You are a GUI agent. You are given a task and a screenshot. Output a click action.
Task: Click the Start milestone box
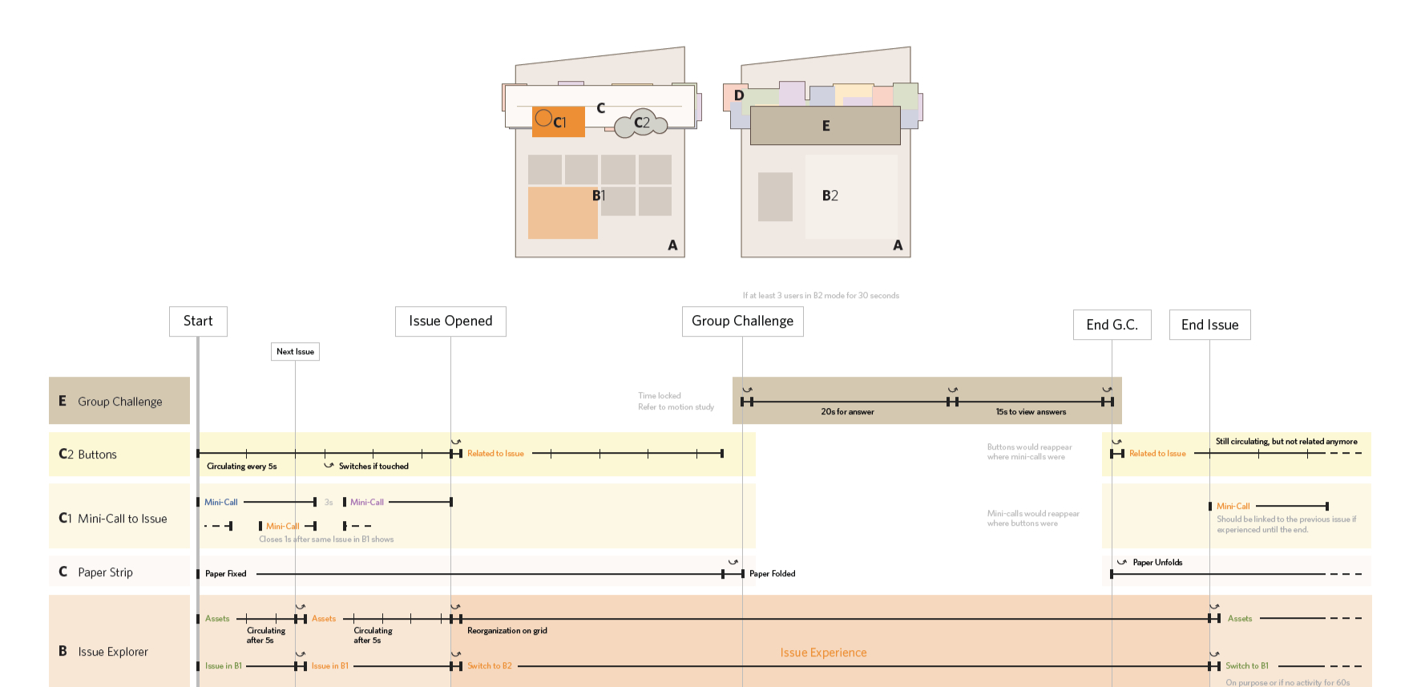point(198,321)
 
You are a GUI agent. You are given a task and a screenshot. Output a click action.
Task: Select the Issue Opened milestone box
point(450,321)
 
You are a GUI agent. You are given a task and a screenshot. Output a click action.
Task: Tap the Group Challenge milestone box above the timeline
point(742,321)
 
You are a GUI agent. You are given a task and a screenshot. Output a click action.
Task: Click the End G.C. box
point(1112,325)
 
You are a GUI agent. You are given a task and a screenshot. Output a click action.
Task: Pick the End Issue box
point(1209,325)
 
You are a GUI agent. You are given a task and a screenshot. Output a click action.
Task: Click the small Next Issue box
point(295,352)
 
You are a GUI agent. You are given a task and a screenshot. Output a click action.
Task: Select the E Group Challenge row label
point(119,401)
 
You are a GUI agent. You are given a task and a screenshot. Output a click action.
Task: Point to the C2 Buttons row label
point(119,455)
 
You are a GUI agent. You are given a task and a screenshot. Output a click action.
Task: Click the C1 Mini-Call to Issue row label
point(119,519)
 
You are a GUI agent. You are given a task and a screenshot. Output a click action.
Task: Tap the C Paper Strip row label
point(119,572)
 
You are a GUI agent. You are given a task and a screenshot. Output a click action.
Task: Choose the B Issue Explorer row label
point(119,651)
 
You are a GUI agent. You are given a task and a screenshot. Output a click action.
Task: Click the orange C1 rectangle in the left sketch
point(558,122)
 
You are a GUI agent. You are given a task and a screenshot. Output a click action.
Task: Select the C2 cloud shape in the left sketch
point(641,123)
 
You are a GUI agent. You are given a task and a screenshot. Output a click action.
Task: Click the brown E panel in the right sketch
point(825,126)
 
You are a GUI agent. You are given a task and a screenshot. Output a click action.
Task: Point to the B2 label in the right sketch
point(830,196)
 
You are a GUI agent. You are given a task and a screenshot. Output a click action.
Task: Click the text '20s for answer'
point(847,412)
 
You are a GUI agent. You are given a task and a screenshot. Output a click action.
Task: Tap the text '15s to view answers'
point(1031,412)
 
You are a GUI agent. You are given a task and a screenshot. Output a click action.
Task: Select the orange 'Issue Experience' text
point(823,653)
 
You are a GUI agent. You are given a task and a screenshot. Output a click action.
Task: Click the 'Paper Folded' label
point(772,574)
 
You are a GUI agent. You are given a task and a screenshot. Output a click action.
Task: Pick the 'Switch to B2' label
point(489,666)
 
